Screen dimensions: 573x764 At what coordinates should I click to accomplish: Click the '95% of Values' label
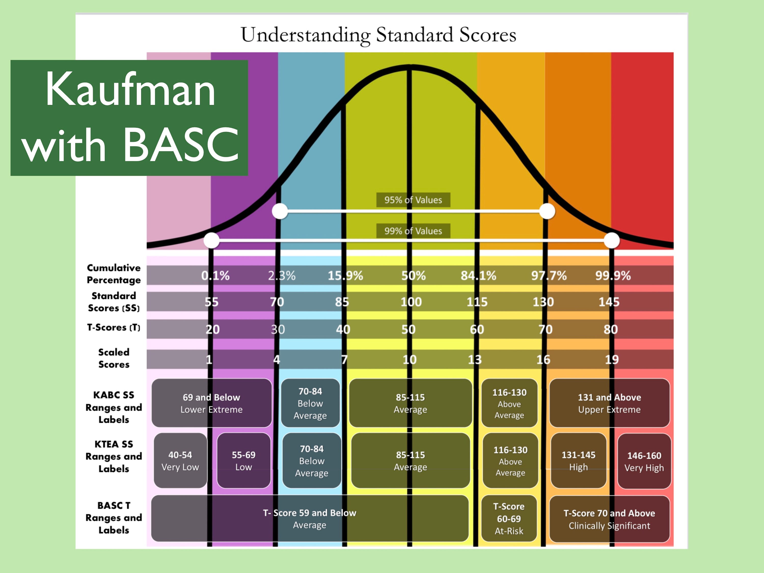[413, 200]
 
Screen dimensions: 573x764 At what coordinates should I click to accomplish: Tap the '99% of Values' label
[413, 231]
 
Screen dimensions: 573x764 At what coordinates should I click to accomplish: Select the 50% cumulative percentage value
[413, 276]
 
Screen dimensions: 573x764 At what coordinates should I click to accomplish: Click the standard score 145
[609, 302]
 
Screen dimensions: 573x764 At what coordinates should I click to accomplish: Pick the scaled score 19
[612, 360]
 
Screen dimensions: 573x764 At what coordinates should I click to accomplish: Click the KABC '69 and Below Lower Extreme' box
[211, 403]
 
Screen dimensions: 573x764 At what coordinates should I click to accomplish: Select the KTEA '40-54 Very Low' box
[180, 461]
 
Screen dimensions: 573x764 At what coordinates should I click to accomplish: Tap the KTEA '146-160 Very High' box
[644, 461]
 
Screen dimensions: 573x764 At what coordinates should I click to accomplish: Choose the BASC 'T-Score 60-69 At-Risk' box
[509, 519]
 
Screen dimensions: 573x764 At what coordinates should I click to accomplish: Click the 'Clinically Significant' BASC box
[609, 519]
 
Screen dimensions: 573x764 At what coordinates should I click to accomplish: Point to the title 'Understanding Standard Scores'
[378, 35]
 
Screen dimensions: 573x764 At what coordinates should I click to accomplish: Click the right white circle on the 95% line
[547, 211]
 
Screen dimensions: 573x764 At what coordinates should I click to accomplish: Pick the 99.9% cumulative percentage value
[613, 276]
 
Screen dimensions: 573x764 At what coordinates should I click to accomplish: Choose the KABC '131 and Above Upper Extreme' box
[609, 403]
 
